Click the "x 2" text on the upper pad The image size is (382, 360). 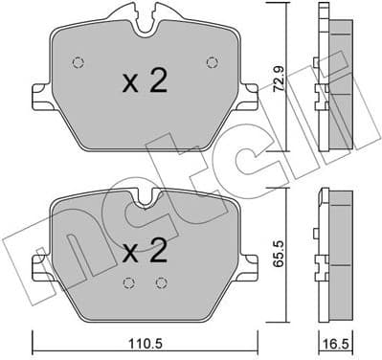point(146,82)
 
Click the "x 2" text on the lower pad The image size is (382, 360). point(146,253)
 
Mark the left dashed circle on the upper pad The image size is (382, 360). point(79,63)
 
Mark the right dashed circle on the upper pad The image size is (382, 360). point(212,63)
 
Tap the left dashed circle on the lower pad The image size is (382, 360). point(128,282)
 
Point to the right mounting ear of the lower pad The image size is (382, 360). point(250,259)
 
